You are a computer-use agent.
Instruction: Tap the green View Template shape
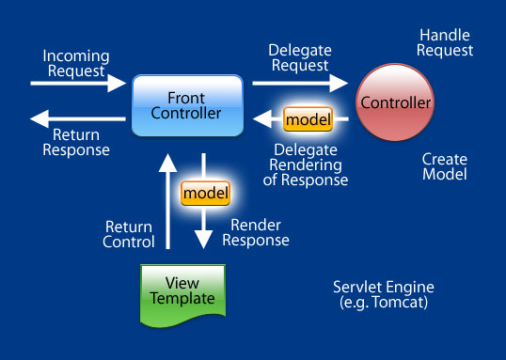(x=182, y=294)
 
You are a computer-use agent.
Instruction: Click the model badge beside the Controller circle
(x=308, y=119)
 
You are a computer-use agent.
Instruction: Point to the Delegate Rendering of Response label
(x=307, y=164)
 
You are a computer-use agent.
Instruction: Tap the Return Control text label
(x=130, y=234)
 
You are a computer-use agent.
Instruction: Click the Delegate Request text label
(x=298, y=58)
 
